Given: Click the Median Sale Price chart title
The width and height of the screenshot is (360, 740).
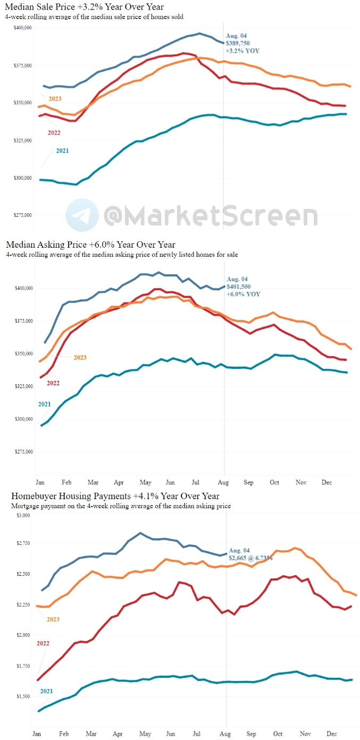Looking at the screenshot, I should coord(85,7).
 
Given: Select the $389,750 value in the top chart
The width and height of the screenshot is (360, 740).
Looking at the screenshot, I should coord(241,42).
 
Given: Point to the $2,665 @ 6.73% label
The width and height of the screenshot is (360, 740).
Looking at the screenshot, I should coord(250,558).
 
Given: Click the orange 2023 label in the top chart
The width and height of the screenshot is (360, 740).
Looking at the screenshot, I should coord(55,98).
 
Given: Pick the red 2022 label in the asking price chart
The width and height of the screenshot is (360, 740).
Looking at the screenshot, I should coord(53,383).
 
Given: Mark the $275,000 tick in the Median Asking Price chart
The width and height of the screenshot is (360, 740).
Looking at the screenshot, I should coord(23,452).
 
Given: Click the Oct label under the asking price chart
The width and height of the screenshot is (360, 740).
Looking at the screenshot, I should coord(274,482).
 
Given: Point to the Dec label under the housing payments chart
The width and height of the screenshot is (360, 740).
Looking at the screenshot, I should coord(331,734).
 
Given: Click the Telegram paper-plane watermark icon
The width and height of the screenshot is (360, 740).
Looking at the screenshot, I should coord(82,215).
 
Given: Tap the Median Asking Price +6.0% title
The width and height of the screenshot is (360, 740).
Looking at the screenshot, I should coord(90,245).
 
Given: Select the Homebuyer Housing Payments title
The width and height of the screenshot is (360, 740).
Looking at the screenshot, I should coord(115,496).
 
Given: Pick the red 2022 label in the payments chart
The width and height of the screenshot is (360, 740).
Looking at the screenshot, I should coord(43,643).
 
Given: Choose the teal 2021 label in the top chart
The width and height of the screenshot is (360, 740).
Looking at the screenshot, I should coord(63,150).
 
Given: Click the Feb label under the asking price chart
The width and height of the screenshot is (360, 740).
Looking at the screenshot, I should coord(66,482).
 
